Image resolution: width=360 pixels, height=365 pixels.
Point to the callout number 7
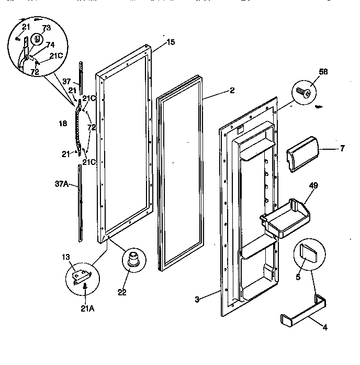click(x=342, y=148)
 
